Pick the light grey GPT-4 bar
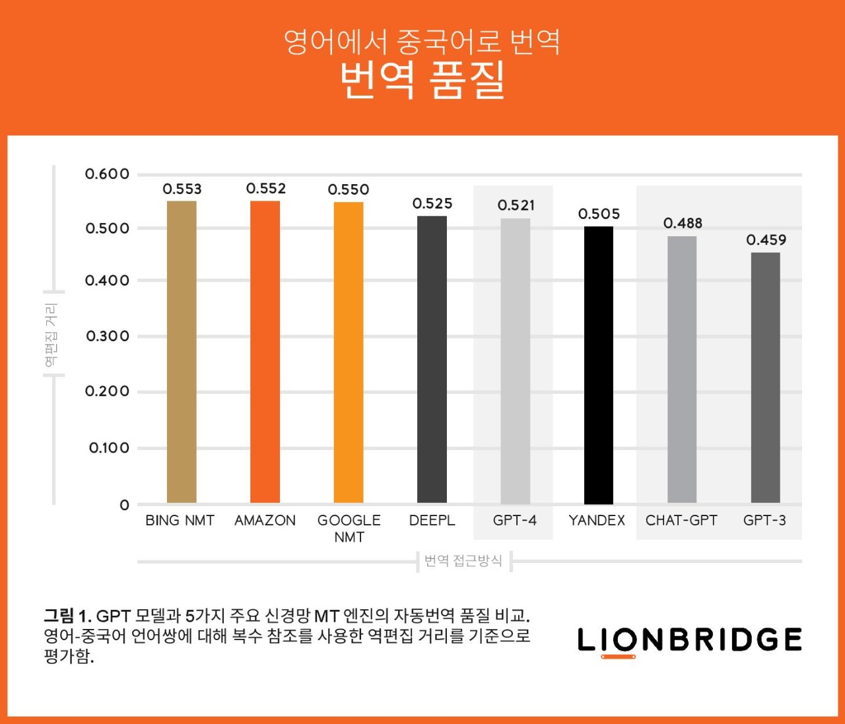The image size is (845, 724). pyautogui.click(x=515, y=361)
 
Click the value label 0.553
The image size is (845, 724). pyautogui.click(x=182, y=189)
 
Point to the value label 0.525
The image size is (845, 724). pyautogui.click(x=432, y=204)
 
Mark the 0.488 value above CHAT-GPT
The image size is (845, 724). pyautogui.click(x=683, y=224)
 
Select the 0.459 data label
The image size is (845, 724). pyautogui.click(x=766, y=240)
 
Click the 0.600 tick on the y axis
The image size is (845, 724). pyautogui.click(x=107, y=174)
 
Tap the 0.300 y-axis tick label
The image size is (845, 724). pyautogui.click(x=108, y=337)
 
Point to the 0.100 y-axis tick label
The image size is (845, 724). pyautogui.click(x=109, y=448)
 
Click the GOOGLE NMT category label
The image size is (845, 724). pyautogui.click(x=349, y=529)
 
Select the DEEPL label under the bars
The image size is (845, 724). pyautogui.click(x=432, y=521)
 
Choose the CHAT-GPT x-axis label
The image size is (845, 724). pyautogui.click(x=681, y=521)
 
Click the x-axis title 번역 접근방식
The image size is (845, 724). pyautogui.click(x=463, y=561)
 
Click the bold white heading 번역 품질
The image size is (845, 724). pyautogui.click(x=422, y=81)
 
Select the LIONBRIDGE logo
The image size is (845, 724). pyautogui.click(x=689, y=640)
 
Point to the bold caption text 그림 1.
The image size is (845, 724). pyautogui.click(x=67, y=616)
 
